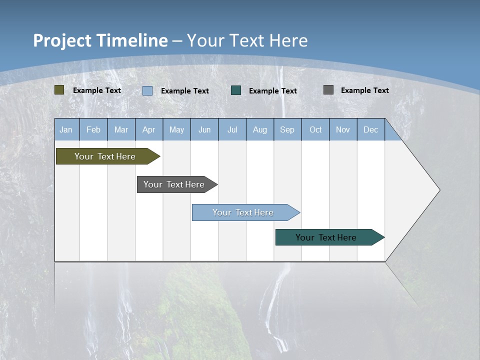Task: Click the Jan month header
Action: [x=66, y=129]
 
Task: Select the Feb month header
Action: [x=93, y=129]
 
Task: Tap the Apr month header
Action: [x=149, y=129]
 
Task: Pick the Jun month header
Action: [x=204, y=129]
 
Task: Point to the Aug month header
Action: [x=260, y=129]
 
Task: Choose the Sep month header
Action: [x=287, y=129]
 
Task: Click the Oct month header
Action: [x=315, y=129]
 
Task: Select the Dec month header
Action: [x=371, y=129]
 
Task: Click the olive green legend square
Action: [x=59, y=90]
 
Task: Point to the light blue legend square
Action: [x=147, y=90]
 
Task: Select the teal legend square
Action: [x=236, y=90]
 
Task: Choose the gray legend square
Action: [x=328, y=90]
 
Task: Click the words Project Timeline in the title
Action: [x=100, y=40]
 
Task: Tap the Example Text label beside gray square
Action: [x=365, y=90]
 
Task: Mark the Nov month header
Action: [x=343, y=129]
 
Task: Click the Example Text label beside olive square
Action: [x=97, y=90]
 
